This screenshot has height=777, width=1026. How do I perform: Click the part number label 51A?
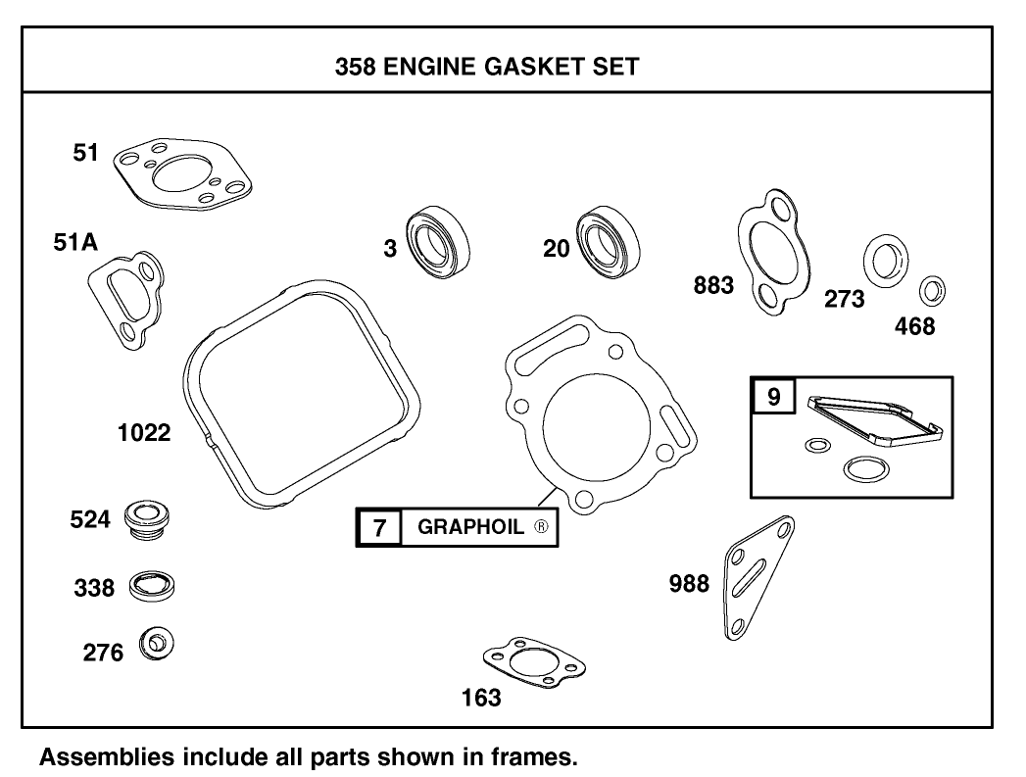click(75, 244)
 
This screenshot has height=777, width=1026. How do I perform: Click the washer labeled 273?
click(885, 260)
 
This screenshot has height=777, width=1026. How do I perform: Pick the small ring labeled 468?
click(933, 290)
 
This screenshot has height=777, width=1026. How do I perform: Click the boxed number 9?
click(773, 398)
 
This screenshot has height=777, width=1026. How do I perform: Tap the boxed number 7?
click(379, 527)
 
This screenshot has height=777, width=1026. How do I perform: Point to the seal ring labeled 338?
click(153, 587)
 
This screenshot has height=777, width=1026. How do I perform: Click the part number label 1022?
click(144, 432)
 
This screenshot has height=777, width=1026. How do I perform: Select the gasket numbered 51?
click(182, 175)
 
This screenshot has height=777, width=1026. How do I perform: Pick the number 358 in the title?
click(355, 67)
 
